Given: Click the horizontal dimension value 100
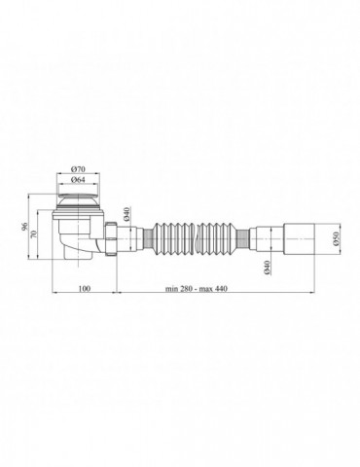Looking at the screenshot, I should [85, 289].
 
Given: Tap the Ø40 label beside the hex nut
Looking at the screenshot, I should [127, 214].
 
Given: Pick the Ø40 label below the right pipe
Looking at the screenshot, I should [268, 268].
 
